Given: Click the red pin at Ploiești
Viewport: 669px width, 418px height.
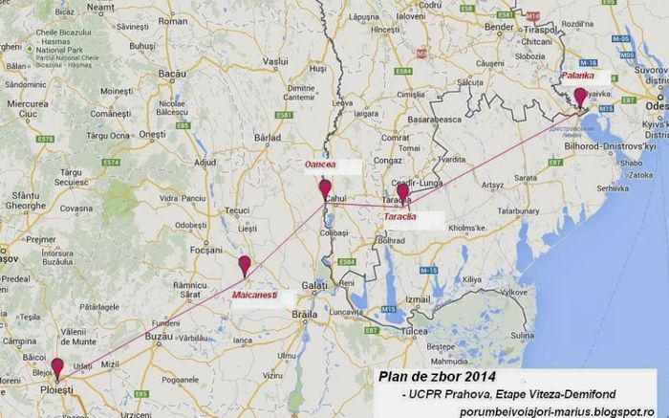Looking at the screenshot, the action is [x=57, y=366].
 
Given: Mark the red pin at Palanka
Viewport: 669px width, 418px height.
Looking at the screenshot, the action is [x=579, y=96].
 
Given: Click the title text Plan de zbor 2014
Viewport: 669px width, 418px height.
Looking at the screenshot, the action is [x=437, y=375].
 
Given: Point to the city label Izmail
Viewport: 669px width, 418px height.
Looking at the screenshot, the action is [x=419, y=299].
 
